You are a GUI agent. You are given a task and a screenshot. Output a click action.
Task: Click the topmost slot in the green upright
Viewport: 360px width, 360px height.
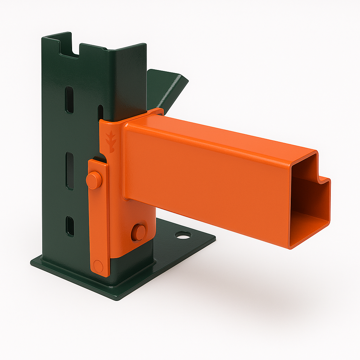click(x=70, y=100)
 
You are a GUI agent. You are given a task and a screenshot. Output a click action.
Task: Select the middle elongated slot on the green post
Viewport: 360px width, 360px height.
click(x=70, y=171)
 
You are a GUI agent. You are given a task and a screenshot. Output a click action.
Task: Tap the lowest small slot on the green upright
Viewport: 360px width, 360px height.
click(x=70, y=226)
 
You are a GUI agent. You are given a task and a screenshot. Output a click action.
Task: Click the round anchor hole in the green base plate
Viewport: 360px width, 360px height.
click(x=184, y=234)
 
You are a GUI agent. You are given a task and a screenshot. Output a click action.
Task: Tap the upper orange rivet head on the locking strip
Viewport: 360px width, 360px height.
click(x=94, y=180)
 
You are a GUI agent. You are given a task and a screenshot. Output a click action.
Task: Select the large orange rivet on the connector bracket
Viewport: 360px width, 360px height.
click(x=139, y=232)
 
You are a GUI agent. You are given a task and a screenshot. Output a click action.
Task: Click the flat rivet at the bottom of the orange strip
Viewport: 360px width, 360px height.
click(x=98, y=266)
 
